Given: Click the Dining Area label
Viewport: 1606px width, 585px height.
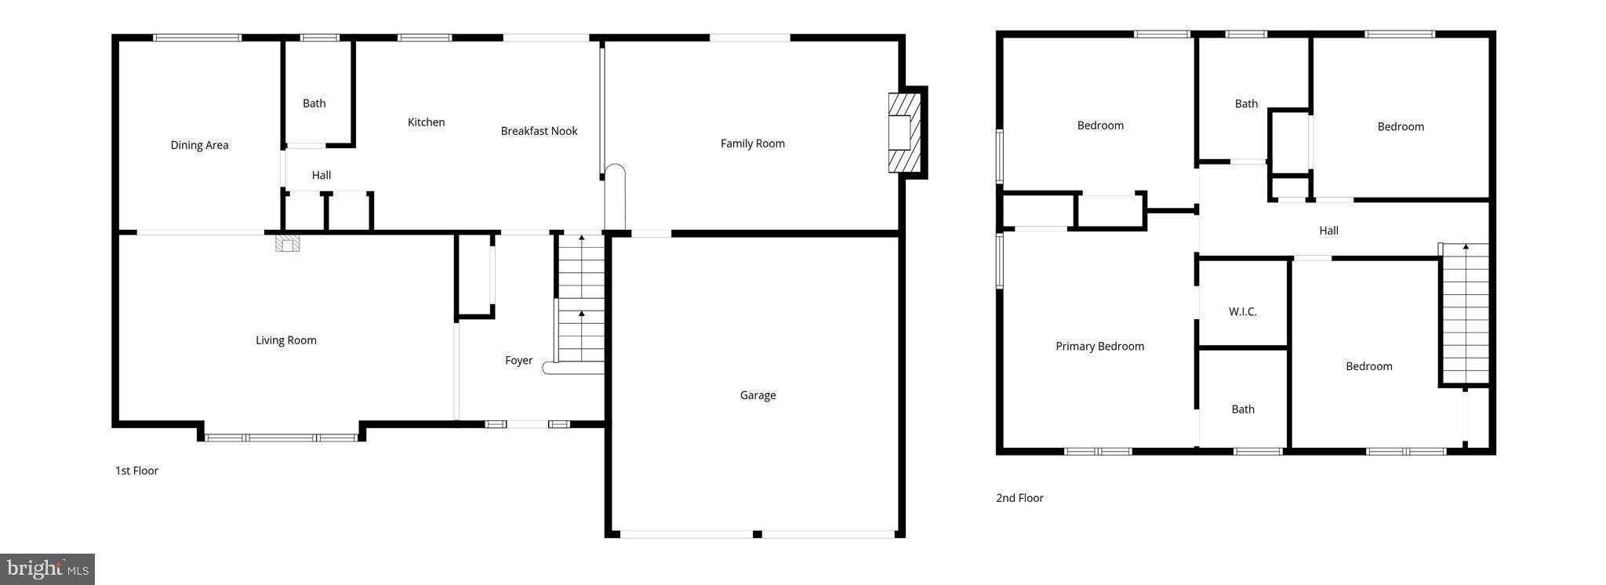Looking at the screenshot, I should [199, 145].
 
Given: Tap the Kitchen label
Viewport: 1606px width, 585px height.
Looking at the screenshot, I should [426, 122].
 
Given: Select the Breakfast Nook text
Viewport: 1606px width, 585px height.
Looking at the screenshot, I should [539, 131].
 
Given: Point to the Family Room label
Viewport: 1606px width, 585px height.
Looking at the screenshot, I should [752, 144].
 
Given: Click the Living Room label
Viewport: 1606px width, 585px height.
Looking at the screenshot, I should [285, 340].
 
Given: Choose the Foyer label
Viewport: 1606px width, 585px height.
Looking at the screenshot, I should [518, 361].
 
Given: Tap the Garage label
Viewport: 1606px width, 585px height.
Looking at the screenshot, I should [758, 395].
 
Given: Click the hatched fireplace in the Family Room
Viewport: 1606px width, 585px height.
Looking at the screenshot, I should [904, 133].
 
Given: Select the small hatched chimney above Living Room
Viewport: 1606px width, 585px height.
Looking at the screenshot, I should [287, 244].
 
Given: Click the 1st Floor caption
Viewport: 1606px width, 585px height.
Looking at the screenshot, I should [136, 471].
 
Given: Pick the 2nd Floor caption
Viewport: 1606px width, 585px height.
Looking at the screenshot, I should [1019, 498].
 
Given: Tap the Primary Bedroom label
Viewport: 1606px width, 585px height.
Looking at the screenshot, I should [1099, 347].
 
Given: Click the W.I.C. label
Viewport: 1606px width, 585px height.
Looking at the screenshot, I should [1242, 312].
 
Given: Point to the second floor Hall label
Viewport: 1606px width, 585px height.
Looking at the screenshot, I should [1328, 231].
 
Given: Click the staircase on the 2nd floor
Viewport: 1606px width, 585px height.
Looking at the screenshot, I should [1465, 314].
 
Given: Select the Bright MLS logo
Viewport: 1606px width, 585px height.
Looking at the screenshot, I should [47, 569].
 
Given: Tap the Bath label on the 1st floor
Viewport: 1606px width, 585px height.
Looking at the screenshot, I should [314, 104].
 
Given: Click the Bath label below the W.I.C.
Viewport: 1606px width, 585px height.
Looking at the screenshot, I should [1242, 409].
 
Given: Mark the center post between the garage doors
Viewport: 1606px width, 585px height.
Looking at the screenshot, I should [757, 534].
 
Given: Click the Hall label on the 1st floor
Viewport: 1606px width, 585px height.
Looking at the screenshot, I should [321, 176].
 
